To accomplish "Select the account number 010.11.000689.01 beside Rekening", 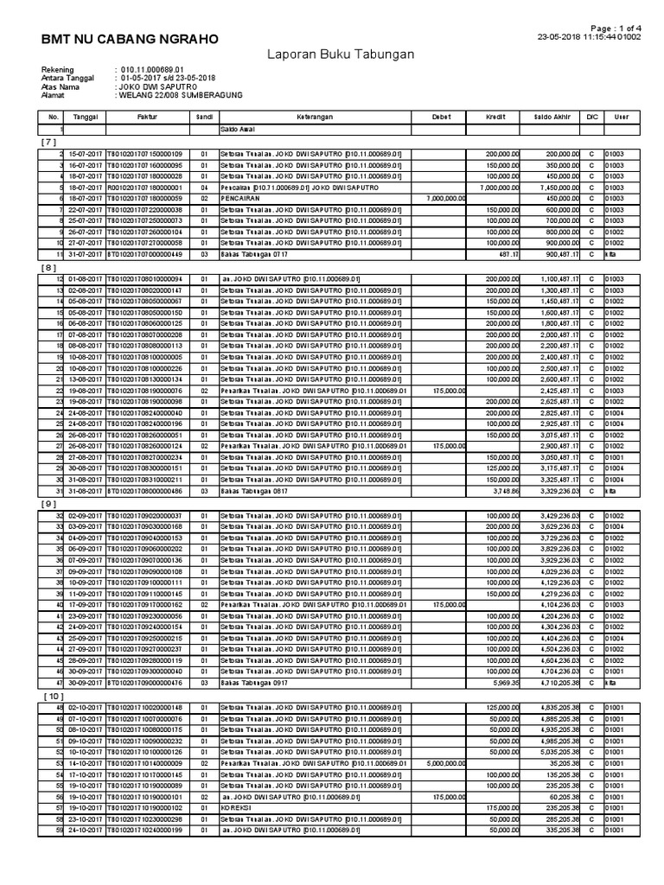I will pos(153,69).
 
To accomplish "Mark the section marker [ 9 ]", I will pos(48,504).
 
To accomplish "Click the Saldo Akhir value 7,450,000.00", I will pos(554,187).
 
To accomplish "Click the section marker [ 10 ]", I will pos(51,695).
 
